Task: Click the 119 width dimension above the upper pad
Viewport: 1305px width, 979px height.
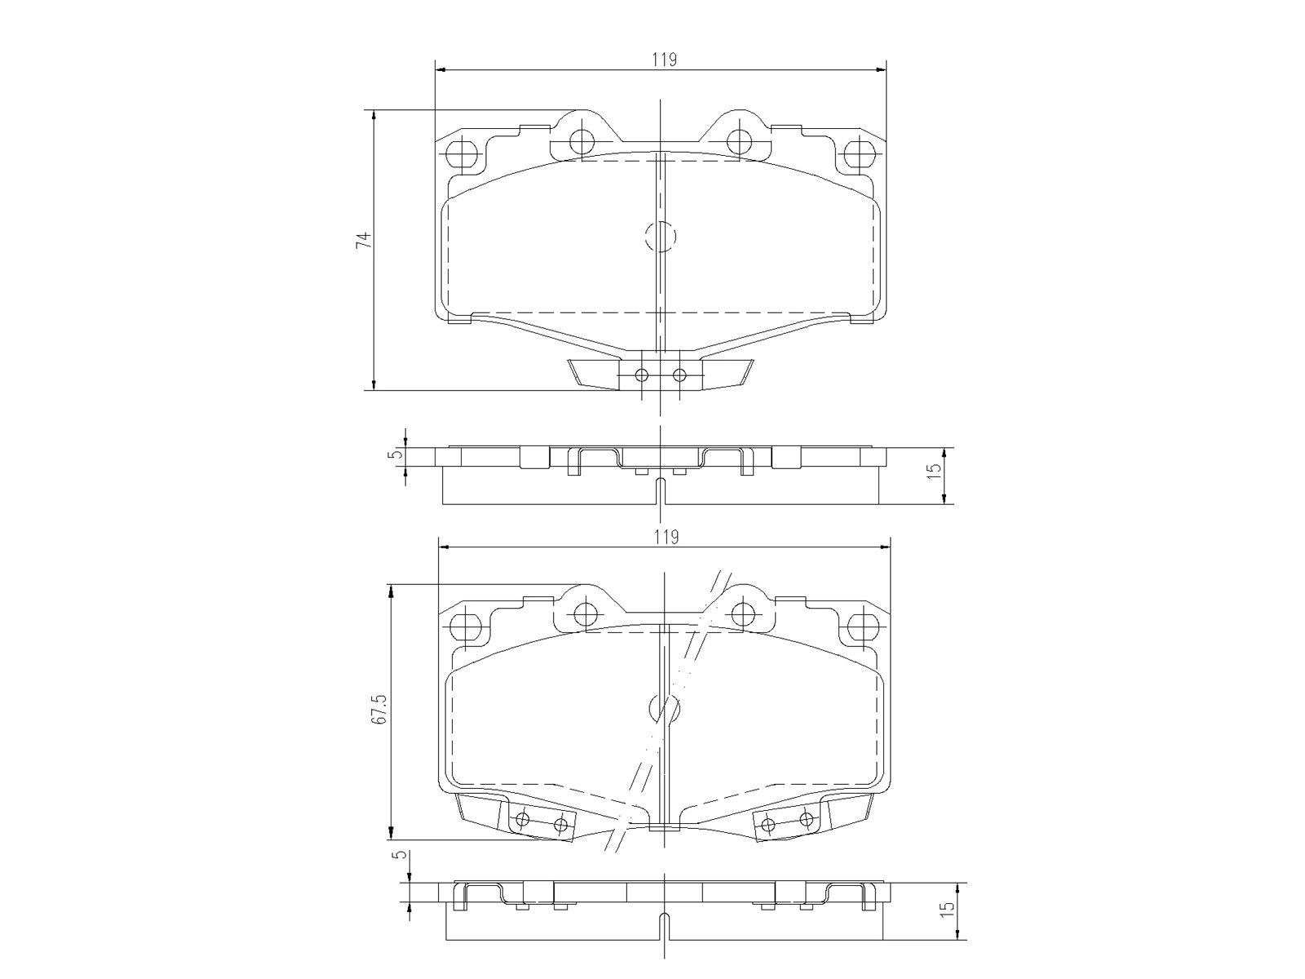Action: pos(664,60)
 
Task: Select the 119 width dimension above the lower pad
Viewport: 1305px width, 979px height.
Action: pos(666,537)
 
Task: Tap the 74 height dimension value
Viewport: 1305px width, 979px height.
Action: pos(363,239)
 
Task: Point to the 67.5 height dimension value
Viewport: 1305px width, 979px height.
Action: pos(379,708)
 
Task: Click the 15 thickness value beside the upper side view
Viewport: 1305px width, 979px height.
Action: pos(934,471)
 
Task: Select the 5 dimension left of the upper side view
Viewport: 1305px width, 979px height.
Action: pos(397,454)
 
